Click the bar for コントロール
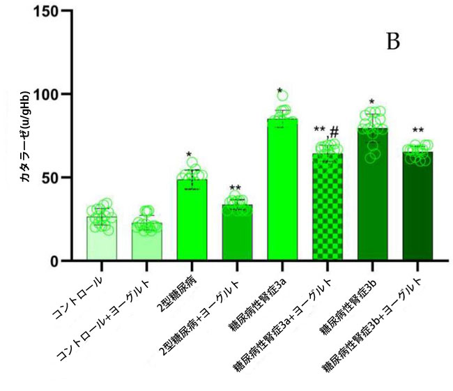[x=101, y=240]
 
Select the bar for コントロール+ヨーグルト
[x=146, y=244]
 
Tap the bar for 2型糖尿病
[x=192, y=223]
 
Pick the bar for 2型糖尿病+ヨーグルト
[x=236, y=234]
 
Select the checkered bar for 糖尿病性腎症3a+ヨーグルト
[x=326, y=209]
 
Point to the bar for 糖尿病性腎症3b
[x=371, y=195]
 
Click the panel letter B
[x=393, y=43]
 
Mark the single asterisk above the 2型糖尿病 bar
[x=189, y=155]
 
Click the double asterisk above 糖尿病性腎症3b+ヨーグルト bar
[x=418, y=132]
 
